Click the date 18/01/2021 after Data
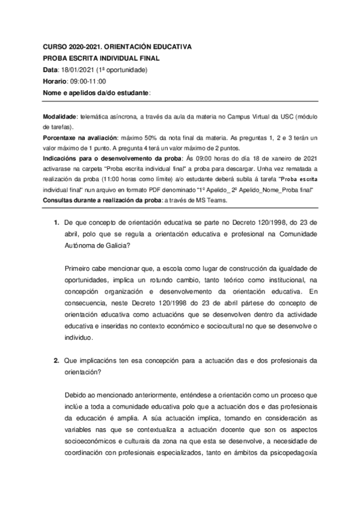[76, 70]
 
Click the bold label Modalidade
[59, 116]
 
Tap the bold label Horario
[55, 82]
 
